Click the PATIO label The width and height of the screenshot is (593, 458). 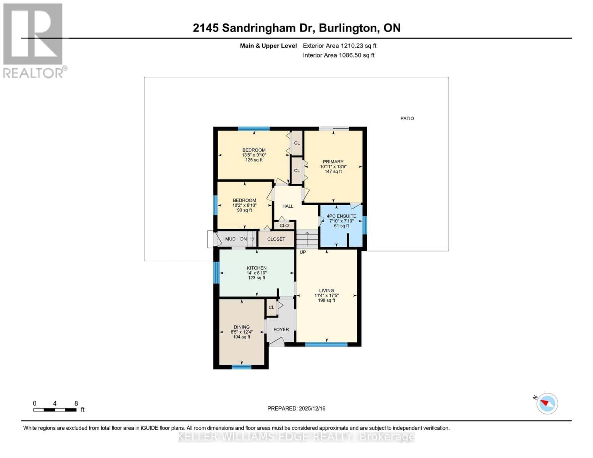pyautogui.click(x=407, y=118)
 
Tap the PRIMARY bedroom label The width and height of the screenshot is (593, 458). pyautogui.click(x=333, y=162)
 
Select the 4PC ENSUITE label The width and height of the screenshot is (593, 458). pyautogui.click(x=341, y=216)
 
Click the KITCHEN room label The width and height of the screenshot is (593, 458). pyautogui.click(x=257, y=268)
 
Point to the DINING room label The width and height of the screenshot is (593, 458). pyautogui.click(x=241, y=327)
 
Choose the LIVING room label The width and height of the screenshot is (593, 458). pyautogui.click(x=326, y=290)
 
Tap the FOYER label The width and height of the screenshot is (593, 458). pyautogui.click(x=281, y=329)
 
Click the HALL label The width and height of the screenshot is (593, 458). pyautogui.click(x=288, y=206)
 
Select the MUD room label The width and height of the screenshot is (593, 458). pyautogui.click(x=230, y=239)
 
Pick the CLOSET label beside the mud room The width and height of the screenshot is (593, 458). pyautogui.click(x=276, y=239)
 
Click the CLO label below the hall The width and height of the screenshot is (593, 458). pyautogui.click(x=284, y=226)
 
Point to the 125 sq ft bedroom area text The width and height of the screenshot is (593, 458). pyautogui.click(x=254, y=160)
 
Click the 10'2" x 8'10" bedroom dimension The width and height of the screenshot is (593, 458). pyautogui.click(x=244, y=205)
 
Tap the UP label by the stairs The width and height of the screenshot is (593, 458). pyautogui.click(x=303, y=252)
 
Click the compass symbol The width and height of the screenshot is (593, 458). pyautogui.click(x=547, y=403)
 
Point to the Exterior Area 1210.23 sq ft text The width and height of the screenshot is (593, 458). pyautogui.click(x=339, y=46)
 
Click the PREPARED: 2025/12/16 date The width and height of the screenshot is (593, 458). pyautogui.click(x=296, y=408)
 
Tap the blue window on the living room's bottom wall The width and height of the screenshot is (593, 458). pyautogui.click(x=326, y=344)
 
